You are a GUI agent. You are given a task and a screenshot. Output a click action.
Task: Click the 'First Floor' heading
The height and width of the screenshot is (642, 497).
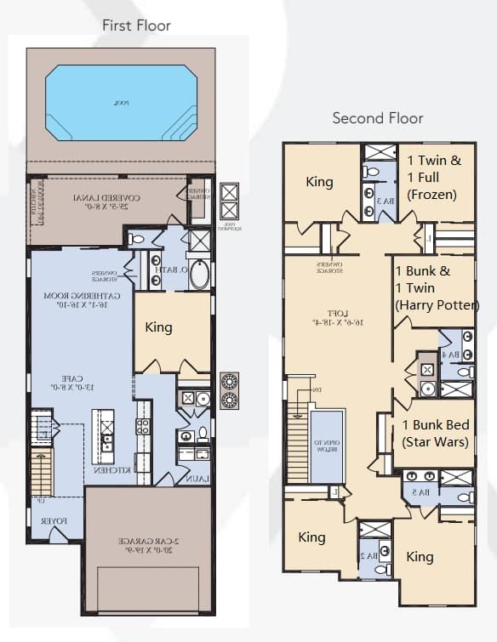[136, 26]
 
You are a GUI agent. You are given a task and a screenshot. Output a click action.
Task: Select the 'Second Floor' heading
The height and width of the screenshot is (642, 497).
[377, 118]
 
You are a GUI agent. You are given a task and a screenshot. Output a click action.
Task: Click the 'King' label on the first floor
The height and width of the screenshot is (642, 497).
[158, 327]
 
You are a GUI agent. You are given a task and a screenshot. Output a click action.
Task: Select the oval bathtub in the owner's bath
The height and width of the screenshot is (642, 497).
[198, 275]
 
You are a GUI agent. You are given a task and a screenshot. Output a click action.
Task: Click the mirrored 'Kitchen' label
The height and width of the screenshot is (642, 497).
[119, 469]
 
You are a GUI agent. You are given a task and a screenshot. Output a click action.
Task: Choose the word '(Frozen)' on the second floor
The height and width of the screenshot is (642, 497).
[432, 195]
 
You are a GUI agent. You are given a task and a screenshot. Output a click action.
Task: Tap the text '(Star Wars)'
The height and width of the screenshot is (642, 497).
[435, 442]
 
